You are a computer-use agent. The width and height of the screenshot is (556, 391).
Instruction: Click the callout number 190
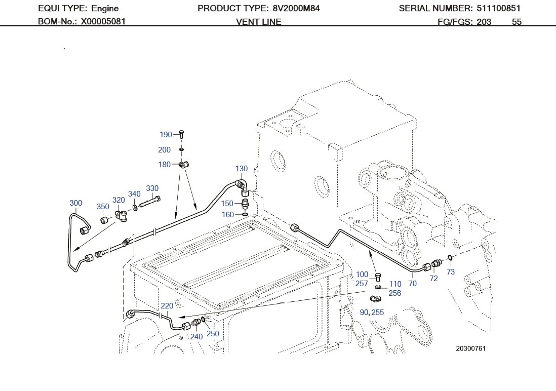166,135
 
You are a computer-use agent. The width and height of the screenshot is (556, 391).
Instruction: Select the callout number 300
75,203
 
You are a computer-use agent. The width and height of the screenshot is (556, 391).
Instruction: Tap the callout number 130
242,169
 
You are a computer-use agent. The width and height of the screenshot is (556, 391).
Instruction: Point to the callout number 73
450,272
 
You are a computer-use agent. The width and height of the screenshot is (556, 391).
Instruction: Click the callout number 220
167,306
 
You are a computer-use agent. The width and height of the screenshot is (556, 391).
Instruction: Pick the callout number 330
152,188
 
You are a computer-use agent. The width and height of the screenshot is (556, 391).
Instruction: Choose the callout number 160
228,215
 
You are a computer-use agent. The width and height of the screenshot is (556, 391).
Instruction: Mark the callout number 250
213,334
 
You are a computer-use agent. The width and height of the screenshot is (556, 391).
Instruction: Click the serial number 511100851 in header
498,8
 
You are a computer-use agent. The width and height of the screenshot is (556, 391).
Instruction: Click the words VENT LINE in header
258,22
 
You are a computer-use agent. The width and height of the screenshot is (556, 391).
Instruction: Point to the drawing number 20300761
470,348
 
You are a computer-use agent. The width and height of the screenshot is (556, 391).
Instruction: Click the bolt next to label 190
181,134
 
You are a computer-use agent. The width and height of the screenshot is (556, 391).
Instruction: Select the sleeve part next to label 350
104,220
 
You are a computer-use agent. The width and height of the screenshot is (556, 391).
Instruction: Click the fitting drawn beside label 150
246,204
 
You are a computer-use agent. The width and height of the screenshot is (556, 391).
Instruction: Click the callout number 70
412,284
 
